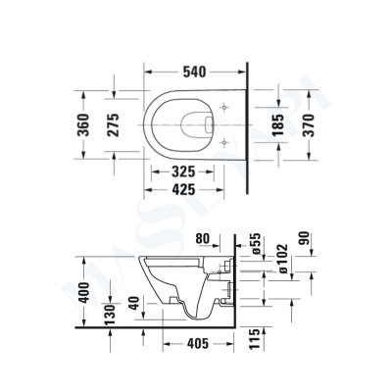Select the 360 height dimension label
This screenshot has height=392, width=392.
tap(85, 124)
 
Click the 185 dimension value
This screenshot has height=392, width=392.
tap(277, 124)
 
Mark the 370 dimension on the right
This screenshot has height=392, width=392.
tap(311, 124)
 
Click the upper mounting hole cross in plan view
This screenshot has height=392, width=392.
tap(226, 106)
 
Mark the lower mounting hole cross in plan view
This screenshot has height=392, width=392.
tap(226, 142)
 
